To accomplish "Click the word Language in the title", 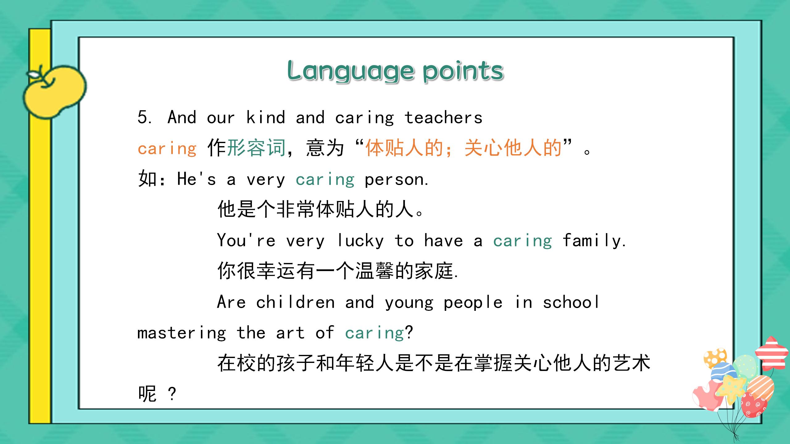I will [351, 71].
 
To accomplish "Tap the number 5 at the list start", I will [143, 117].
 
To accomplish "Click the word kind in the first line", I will [266, 117].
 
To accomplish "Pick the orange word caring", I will [167, 149].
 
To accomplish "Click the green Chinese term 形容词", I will [256, 148].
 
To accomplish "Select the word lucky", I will [360, 241].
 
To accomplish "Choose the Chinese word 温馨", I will [375, 271].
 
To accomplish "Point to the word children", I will [295, 302].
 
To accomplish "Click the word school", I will [571, 302].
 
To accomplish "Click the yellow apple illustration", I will [55, 91].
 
